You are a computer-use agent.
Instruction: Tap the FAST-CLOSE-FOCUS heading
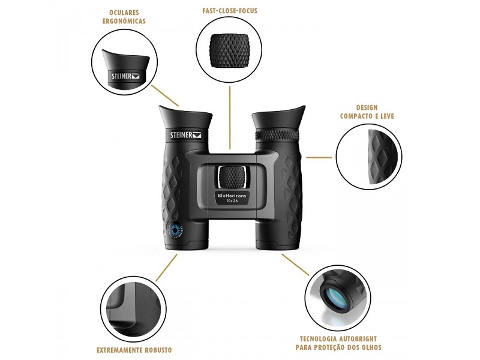click(x=230, y=11)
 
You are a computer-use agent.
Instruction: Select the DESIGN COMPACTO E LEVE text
click(x=367, y=112)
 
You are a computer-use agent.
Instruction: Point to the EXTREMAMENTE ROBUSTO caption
click(x=134, y=350)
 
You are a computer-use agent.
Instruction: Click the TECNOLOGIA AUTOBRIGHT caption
click(x=338, y=343)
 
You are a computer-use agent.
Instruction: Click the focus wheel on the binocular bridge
click(x=232, y=177)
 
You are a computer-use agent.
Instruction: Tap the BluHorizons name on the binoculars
click(x=232, y=196)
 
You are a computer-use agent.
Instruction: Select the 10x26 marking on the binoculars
click(x=232, y=201)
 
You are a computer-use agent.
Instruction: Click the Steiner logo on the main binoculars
click(x=185, y=134)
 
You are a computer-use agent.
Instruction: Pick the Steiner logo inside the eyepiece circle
click(x=125, y=76)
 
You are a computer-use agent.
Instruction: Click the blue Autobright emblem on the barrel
click(x=176, y=230)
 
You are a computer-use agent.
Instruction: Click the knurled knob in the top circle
click(x=228, y=50)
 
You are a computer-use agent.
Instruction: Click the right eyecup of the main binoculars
click(x=278, y=118)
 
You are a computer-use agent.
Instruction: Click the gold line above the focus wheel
click(x=230, y=118)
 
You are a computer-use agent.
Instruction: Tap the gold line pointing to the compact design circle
click(x=319, y=158)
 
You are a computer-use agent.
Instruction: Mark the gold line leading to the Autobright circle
click(x=295, y=265)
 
